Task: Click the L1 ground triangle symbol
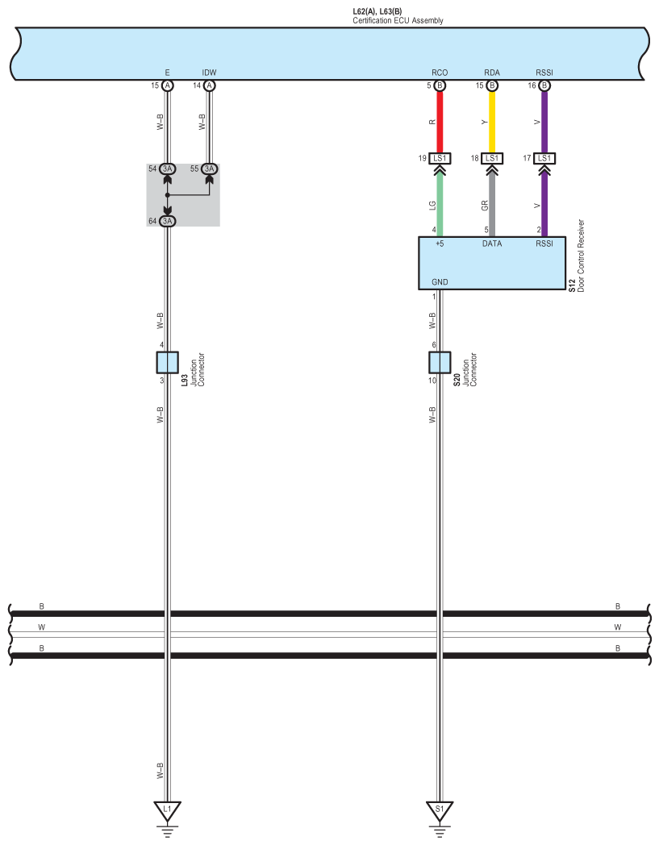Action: (167, 810)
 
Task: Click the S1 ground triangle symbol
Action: (440, 810)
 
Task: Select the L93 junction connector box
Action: (167, 363)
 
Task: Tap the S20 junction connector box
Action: (440, 363)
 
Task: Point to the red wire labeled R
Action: (440, 122)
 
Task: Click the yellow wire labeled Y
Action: (492, 122)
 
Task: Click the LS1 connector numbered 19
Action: (440, 158)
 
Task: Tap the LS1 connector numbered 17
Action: (544, 158)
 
